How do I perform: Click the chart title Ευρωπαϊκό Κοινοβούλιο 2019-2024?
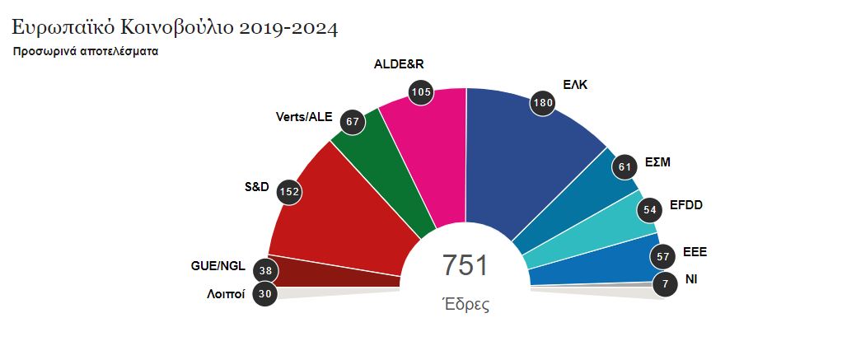(175, 27)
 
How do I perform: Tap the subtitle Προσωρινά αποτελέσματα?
(86, 51)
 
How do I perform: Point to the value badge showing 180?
(541, 103)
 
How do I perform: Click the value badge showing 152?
(289, 191)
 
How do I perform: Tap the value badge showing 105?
(421, 91)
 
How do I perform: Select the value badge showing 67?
(353, 122)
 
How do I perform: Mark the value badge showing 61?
(624, 167)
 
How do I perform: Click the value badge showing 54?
(650, 210)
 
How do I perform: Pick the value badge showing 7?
(665, 285)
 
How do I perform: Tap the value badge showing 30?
(264, 293)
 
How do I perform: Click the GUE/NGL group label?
(218, 267)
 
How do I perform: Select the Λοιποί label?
(226, 294)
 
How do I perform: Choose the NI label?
(692, 280)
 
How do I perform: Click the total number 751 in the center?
(465, 266)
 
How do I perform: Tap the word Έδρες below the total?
(465, 305)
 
